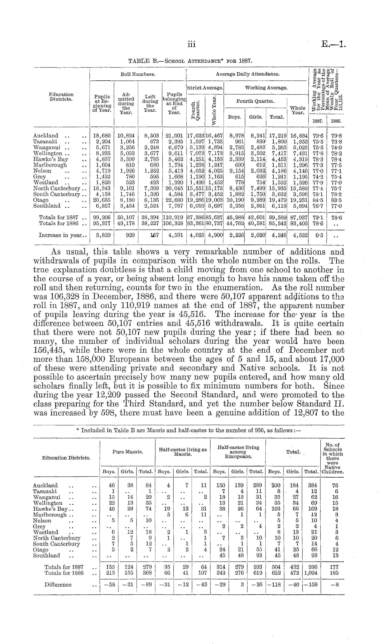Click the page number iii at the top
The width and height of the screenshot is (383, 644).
pos(191,45)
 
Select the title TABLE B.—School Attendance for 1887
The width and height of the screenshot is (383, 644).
pos(190,61)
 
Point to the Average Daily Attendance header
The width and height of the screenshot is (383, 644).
pos(248,74)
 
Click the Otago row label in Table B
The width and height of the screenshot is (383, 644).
pos(41,200)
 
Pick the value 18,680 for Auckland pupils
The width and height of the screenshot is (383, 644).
pos(102,136)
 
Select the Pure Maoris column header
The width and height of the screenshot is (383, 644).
pos(128,452)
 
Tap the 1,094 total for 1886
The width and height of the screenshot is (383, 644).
pos(310,573)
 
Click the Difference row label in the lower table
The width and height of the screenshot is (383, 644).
pos(58,585)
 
